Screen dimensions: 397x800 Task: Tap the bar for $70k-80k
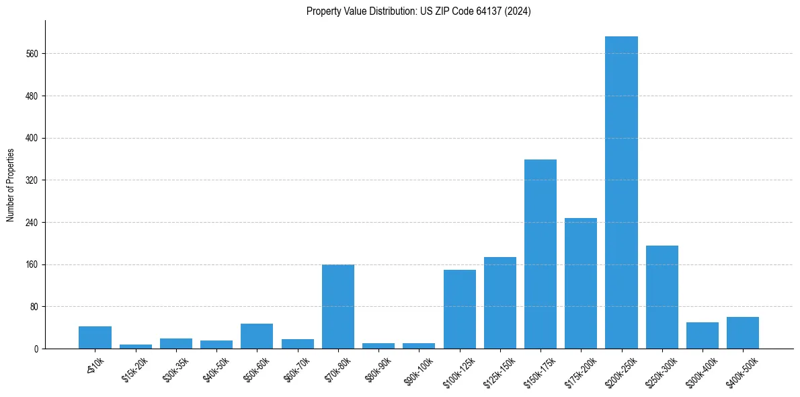(337, 307)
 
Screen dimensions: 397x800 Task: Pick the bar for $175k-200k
(581, 283)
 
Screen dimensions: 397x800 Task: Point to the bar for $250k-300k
(662, 297)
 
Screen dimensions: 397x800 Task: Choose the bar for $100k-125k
(459, 310)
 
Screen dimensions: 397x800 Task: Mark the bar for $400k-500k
(742, 333)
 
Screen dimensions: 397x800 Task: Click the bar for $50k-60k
(257, 336)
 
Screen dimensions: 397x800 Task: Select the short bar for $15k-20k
(136, 347)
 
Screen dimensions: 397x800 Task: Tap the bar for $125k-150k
(499, 303)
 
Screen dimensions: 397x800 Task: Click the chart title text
(418, 11)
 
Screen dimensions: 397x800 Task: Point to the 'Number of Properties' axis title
(11, 185)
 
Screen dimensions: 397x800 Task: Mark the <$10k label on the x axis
(95, 363)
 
